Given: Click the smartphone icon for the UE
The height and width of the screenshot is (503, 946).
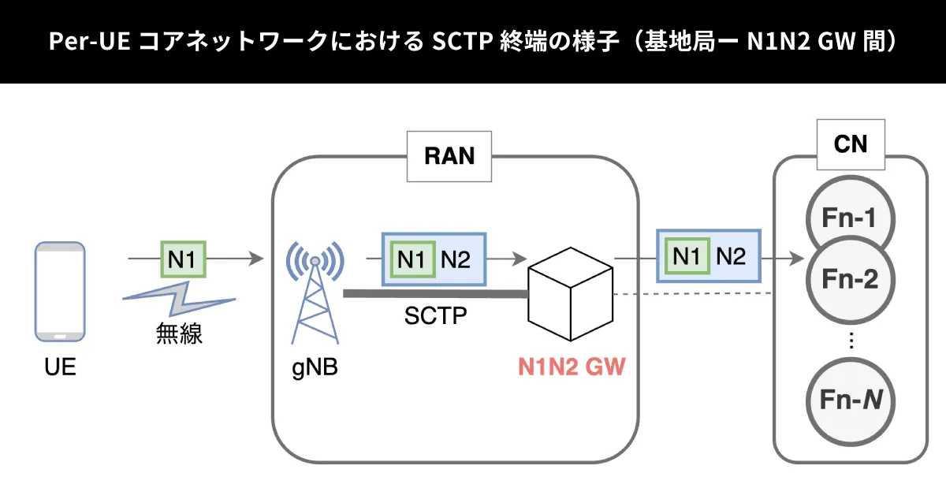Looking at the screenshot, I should click(60, 292).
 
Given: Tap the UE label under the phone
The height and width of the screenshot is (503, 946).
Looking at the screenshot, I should click(60, 367).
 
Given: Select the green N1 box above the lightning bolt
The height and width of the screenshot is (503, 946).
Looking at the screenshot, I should click(183, 259).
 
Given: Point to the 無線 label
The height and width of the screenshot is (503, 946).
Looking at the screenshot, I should click(179, 333).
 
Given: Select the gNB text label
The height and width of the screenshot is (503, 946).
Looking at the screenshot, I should click(315, 367).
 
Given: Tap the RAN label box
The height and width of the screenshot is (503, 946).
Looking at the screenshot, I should click(449, 155).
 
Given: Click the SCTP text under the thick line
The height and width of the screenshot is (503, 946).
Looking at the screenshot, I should click(435, 317).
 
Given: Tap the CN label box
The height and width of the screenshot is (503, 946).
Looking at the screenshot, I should click(851, 145).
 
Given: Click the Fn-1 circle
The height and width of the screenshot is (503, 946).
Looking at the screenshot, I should click(850, 216).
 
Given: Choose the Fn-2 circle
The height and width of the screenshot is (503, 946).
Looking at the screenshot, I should click(850, 278).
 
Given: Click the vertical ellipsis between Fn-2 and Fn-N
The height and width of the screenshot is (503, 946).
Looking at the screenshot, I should click(851, 341).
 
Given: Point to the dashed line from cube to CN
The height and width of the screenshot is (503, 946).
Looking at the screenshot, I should click(692, 294).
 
